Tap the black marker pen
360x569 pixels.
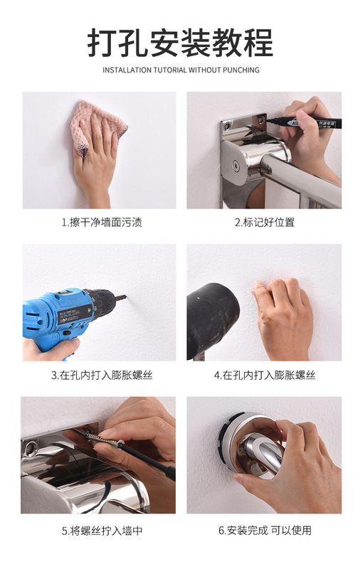pyautogui.click(x=305, y=122)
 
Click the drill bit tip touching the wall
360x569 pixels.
pyautogui.click(x=125, y=297)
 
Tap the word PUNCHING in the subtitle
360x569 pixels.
pyautogui.click(x=241, y=70)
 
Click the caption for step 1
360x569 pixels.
pyautogui.click(x=102, y=222)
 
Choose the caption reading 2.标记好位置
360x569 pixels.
pyautogui.click(x=265, y=222)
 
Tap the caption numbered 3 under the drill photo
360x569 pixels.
pyautogui.click(x=102, y=375)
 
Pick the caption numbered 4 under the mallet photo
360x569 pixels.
pyautogui.click(x=265, y=375)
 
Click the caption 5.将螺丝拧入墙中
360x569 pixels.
pyautogui.click(x=102, y=531)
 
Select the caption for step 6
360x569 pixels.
pyautogui.click(x=265, y=531)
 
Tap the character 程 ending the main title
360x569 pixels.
pyautogui.click(x=258, y=43)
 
